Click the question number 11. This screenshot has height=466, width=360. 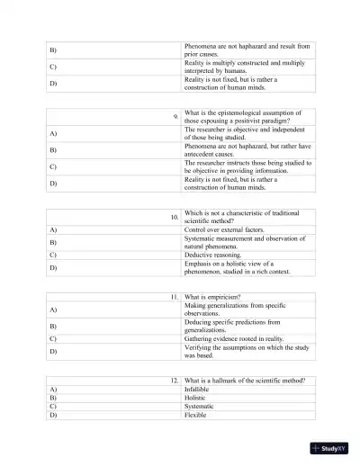click(x=174, y=296)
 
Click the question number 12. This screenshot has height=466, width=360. click(x=174, y=381)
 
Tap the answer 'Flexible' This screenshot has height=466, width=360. click(x=197, y=416)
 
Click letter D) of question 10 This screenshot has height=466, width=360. click(x=53, y=268)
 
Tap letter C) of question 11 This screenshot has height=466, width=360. click(x=53, y=338)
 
